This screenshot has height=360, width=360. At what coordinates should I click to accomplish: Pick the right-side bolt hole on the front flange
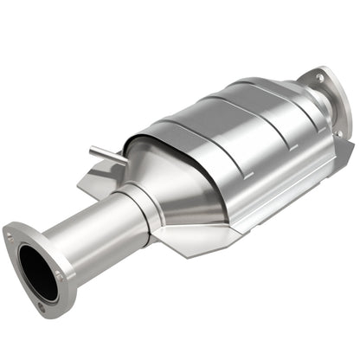tap(59, 274)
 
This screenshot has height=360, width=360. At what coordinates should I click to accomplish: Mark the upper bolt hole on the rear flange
tap(319, 77)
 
